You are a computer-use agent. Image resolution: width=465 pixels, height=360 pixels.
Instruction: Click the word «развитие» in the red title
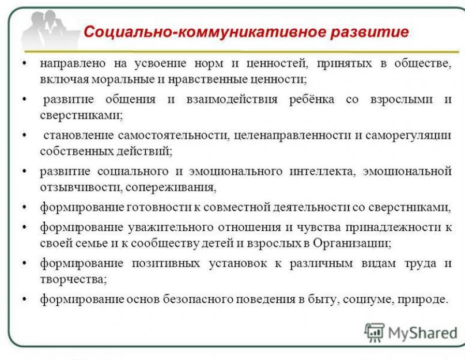(369, 32)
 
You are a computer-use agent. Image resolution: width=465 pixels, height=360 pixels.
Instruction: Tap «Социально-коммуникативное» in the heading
(205, 32)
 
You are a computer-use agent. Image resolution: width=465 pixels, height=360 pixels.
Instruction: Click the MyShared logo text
(422, 333)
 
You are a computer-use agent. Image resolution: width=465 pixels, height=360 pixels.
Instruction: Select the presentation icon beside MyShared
(375, 333)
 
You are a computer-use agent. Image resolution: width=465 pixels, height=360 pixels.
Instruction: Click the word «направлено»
(73, 64)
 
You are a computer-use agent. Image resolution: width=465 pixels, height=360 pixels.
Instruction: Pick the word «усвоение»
(160, 63)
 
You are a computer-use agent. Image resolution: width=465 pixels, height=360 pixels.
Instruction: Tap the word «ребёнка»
(312, 99)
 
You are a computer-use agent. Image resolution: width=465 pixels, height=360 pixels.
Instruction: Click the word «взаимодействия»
(232, 100)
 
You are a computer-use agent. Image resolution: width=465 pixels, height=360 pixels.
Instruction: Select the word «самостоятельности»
(174, 135)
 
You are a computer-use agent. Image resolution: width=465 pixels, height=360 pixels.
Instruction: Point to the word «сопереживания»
(171, 188)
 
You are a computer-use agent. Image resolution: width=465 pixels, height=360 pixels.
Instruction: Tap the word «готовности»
(160, 207)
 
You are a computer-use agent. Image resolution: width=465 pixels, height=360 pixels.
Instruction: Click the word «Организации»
(352, 243)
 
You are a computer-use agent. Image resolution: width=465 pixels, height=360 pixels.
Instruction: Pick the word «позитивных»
(166, 263)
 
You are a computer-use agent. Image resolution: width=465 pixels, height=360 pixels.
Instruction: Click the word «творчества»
(73, 279)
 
